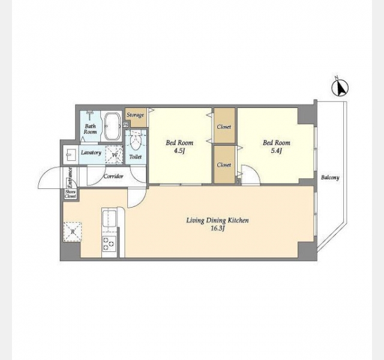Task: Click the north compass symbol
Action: click(340, 88)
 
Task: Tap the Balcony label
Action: click(330, 178)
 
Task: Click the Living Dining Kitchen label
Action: click(217, 220)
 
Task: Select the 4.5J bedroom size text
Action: click(179, 151)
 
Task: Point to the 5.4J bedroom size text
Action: click(276, 151)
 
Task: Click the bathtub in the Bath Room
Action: click(112, 126)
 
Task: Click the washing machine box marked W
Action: click(114, 155)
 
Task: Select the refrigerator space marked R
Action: click(73, 232)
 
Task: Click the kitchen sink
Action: click(109, 219)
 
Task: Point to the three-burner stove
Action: click(109, 244)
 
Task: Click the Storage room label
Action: click(135, 115)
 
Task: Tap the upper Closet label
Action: click(224, 127)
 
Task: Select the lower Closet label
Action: click(224, 165)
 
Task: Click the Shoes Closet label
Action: click(70, 194)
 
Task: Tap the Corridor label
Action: click(113, 176)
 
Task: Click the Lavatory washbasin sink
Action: click(71, 155)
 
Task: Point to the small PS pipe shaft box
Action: click(125, 125)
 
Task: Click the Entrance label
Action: click(70, 178)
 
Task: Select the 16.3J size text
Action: click(218, 229)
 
